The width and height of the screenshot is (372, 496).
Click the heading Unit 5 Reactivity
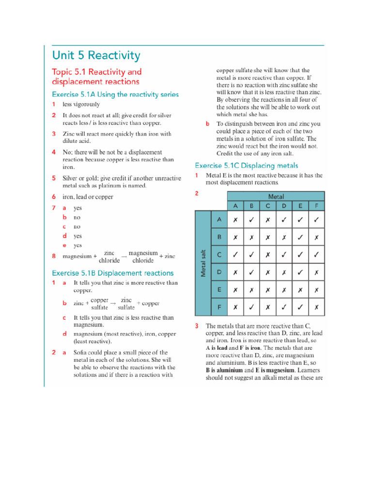(x=96, y=56)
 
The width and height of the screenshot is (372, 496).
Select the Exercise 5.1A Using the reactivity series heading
(x=115, y=94)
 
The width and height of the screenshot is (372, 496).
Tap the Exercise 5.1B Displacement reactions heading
(x=112, y=273)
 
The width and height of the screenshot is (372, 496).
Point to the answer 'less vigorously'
(x=81, y=104)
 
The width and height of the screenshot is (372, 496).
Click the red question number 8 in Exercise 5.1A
(x=54, y=256)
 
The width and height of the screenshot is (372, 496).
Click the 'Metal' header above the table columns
(x=276, y=197)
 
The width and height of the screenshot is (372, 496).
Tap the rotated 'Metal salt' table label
(x=202, y=264)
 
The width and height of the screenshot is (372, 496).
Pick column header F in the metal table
(x=316, y=206)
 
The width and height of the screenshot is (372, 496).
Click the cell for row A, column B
(x=251, y=219)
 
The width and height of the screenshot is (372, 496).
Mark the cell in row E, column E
(x=300, y=290)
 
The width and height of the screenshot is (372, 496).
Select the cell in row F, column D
(x=284, y=307)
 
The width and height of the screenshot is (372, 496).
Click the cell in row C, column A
(x=235, y=254)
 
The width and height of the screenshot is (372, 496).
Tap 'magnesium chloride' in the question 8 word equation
(x=143, y=257)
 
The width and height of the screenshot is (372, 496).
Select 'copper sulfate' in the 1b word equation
(x=99, y=304)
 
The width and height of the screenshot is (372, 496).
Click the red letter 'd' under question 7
(x=64, y=236)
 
